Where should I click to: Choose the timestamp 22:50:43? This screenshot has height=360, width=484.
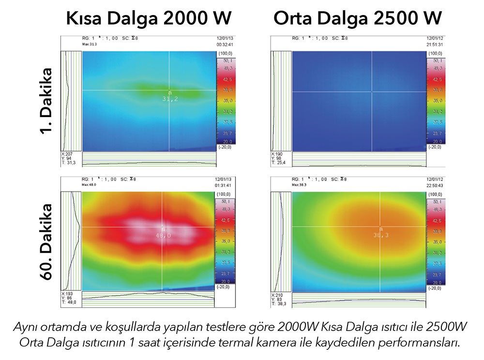coord(435,184)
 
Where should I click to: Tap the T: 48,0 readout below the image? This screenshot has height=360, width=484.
coord(71,303)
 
